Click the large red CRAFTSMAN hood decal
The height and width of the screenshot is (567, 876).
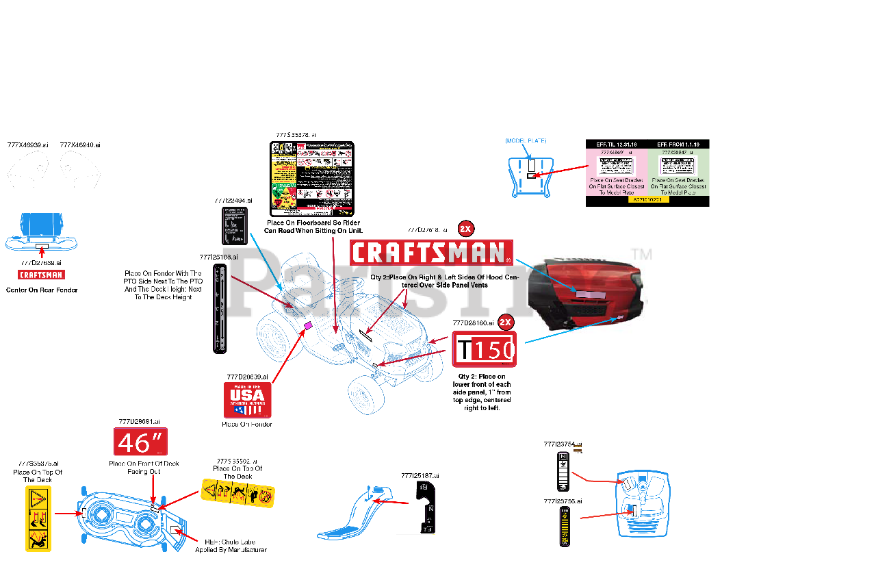point(431,252)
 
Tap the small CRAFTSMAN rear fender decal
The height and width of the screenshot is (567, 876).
point(41,275)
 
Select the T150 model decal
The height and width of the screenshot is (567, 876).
point(485,349)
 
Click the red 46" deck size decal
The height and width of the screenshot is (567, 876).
point(140,442)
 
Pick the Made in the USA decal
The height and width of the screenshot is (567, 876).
point(248,400)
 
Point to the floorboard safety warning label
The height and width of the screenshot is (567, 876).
point(312,179)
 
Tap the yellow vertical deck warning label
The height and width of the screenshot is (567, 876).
point(38,518)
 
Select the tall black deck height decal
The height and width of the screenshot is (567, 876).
point(220,308)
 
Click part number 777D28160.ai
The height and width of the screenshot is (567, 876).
point(473,323)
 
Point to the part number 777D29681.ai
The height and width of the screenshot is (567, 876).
point(139,422)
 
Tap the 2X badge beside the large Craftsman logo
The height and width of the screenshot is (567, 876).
point(466,229)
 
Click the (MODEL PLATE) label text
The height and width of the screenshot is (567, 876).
point(526,141)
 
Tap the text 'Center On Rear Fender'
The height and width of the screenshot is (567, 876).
point(42,290)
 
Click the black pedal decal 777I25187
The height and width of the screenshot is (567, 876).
point(426,507)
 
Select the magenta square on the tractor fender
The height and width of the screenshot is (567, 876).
point(308,325)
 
